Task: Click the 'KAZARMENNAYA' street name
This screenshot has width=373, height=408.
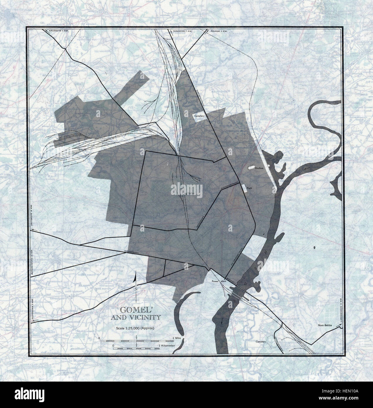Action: [x=131, y=252]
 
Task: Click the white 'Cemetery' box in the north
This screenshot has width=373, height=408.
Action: [x=199, y=116]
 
